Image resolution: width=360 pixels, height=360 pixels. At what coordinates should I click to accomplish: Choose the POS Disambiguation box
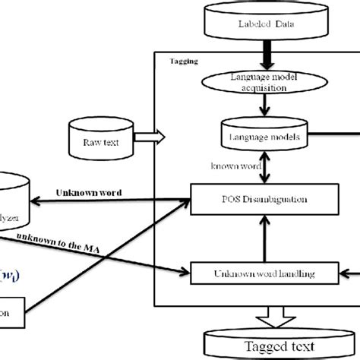click(x=262, y=200)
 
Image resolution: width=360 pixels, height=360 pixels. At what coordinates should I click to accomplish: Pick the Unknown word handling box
click(x=262, y=271)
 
